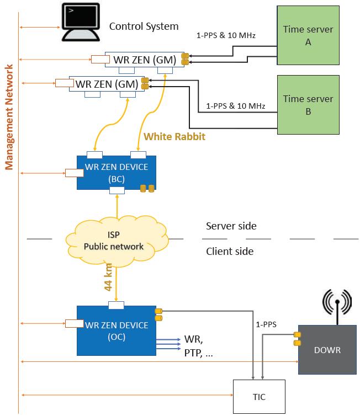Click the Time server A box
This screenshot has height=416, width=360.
tap(308, 35)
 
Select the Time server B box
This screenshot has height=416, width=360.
tap(308, 105)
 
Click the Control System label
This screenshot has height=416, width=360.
tap(144, 26)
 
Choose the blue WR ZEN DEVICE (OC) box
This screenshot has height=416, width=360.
tap(116, 330)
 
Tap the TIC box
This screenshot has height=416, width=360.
tap(259, 396)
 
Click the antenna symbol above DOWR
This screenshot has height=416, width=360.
tap(337, 303)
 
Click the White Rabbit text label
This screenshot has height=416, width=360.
tap(174, 136)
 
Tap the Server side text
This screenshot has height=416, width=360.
tap(231, 226)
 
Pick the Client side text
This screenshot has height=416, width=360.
tap(230, 252)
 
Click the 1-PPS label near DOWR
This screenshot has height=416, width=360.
tap(267, 325)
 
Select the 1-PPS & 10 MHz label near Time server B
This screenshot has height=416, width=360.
tap(235, 105)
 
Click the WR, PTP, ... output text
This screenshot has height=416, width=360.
tap(198, 346)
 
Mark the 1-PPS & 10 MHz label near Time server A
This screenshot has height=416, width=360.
tap(226, 36)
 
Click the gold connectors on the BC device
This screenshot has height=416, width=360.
tap(147, 188)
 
